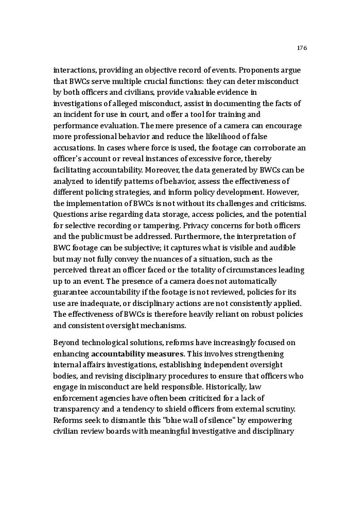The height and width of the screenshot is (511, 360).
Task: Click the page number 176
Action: pos(302,48)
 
